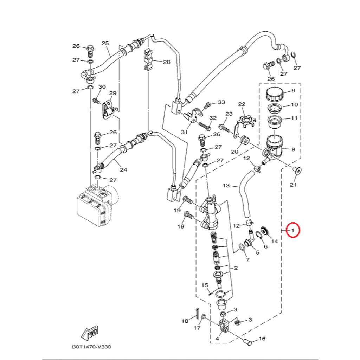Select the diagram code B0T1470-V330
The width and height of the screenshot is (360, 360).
click(x=91, y=347)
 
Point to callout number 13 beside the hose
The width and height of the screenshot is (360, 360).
click(x=226, y=185)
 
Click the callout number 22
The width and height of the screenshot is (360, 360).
click(x=242, y=104)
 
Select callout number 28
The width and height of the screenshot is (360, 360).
click(x=167, y=62)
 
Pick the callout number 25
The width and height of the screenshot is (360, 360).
click(x=105, y=44)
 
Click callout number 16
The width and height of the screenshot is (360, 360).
click(x=262, y=339)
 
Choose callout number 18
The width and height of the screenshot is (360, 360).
click(x=185, y=321)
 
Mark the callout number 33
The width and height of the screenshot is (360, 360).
click(x=221, y=102)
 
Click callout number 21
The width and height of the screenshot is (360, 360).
click(x=293, y=185)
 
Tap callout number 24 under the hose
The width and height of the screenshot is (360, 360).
click(x=123, y=170)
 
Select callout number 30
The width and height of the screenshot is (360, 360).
click(x=102, y=87)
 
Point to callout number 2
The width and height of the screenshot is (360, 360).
click(x=236, y=268)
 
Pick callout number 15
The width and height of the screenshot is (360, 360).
click(x=205, y=285)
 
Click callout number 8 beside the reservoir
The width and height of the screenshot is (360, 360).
click(x=293, y=149)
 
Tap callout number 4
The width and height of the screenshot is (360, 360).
click(x=217, y=339)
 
